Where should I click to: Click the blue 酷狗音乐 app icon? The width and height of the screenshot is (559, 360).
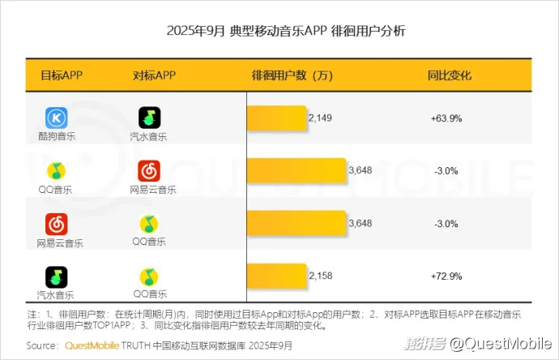pyautogui.click(x=56, y=118)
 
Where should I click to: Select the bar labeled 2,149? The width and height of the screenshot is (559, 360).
pyautogui.click(x=276, y=118)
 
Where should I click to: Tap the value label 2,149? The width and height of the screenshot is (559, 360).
pyautogui.click(x=320, y=118)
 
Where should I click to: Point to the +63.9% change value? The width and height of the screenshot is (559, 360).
pyautogui.click(x=446, y=118)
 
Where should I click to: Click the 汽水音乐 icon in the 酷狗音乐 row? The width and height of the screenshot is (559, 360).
pyautogui.click(x=149, y=118)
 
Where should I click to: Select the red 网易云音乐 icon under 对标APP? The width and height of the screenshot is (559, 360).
pyautogui.click(x=149, y=170)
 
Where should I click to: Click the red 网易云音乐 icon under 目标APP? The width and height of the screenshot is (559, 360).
pyautogui.click(x=56, y=223)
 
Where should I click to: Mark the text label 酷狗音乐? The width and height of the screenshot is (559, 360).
pyautogui.click(x=56, y=136)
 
